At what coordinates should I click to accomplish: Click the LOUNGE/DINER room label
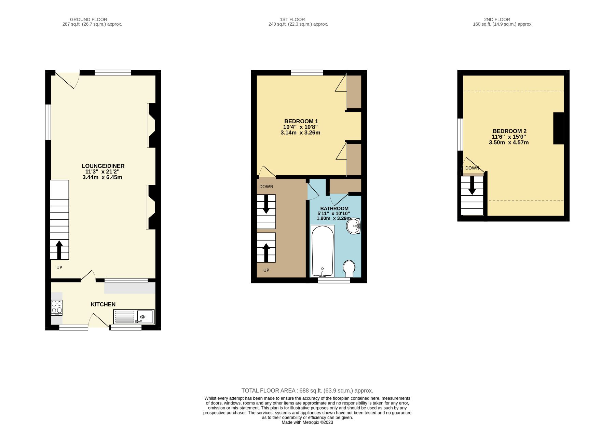coord(103,166)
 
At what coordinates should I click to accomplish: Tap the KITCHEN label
coord(103,304)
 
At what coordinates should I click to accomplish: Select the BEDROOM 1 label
coord(301,121)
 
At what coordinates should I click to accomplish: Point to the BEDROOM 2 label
coord(509,131)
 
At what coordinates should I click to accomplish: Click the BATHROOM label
coord(334,208)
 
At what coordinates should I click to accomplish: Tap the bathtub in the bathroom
coord(323,251)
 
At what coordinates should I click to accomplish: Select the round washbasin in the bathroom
coord(354,226)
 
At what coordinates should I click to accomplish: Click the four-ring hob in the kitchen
coord(57,307)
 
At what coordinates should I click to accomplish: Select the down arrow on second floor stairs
coord(472,186)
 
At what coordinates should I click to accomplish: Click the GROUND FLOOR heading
coord(88,19)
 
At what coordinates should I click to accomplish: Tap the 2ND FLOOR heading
coord(497,19)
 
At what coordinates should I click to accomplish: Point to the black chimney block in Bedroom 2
coord(559,128)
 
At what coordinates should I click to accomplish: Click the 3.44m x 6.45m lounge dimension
coord(102,177)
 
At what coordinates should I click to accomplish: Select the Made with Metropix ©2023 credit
coord(307,422)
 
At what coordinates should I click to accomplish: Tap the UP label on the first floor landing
coord(266,270)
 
